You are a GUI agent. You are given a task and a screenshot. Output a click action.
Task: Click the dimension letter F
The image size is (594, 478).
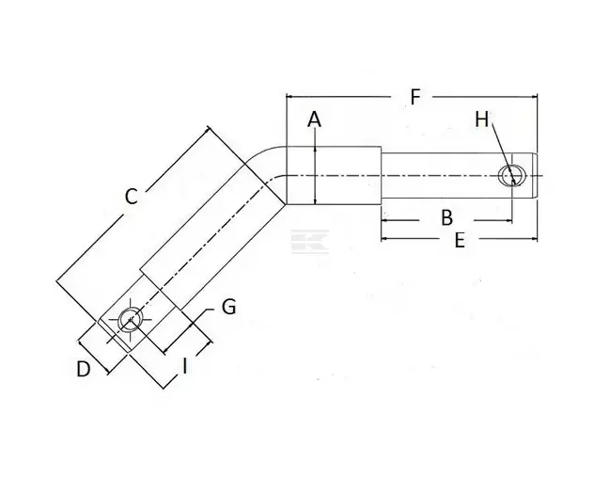pyautogui.click(x=415, y=97)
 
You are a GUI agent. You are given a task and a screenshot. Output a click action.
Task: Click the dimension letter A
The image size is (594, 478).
pyautogui.click(x=314, y=119)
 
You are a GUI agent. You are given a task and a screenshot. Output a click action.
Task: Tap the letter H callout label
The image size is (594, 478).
pyautogui.click(x=482, y=119)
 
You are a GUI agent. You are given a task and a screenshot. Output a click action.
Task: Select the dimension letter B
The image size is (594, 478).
pyautogui.click(x=447, y=217)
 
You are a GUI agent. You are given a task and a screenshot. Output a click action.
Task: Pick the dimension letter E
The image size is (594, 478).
pyautogui.click(x=460, y=241)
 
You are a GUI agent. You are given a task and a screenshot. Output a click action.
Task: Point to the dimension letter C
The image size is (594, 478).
pyautogui.click(x=131, y=197)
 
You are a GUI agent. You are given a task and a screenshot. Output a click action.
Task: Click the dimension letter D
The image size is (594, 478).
pyautogui.click(x=84, y=369)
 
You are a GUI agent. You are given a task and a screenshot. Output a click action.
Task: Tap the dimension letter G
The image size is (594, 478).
pyautogui.click(x=228, y=307)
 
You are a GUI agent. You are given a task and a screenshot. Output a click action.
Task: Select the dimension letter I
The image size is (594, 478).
pyautogui.click(x=184, y=366)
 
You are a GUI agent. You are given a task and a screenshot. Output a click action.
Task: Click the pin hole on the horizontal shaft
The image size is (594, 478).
pyautogui.click(x=512, y=176)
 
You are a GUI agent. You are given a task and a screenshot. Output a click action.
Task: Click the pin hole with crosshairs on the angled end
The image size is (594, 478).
pyautogui.click(x=131, y=320)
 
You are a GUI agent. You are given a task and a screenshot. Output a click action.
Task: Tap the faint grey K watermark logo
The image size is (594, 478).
pyautogui.click(x=310, y=241)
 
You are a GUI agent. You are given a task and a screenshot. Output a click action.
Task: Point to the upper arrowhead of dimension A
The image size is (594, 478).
pyautogui.click(x=315, y=149)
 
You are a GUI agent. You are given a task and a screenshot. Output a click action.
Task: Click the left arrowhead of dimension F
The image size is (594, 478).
pyautogui.click(x=289, y=97)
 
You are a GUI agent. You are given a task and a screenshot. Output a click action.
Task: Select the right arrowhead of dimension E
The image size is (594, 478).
pyautogui.click(x=534, y=239)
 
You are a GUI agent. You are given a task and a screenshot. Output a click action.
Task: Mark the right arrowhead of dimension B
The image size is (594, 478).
pyautogui.click(x=508, y=220)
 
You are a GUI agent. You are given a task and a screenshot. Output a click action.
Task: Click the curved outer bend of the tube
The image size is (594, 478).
pyautogui.click(x=261, y=151)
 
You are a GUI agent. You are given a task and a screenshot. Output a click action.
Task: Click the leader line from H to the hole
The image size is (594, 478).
pyautogui.click(x=502, y=152)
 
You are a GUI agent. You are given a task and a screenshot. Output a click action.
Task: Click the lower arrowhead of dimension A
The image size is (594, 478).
pyautogui.click(x=315, y=201)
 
